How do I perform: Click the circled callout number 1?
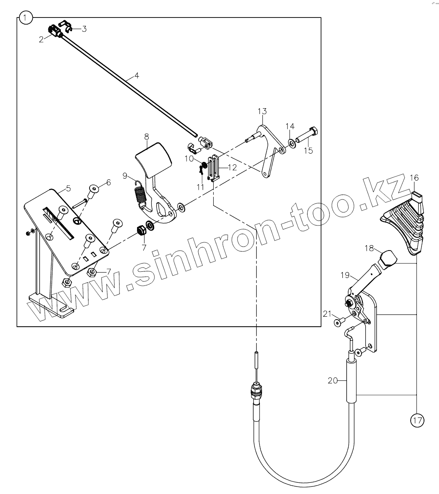point(26,18)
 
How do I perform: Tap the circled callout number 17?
point(417,420)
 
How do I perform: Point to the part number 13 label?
point(262,111)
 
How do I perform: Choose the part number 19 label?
point(344,275)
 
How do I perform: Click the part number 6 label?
point(108,182)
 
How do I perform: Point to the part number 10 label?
point(189,159)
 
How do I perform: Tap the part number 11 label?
point(200,187)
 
